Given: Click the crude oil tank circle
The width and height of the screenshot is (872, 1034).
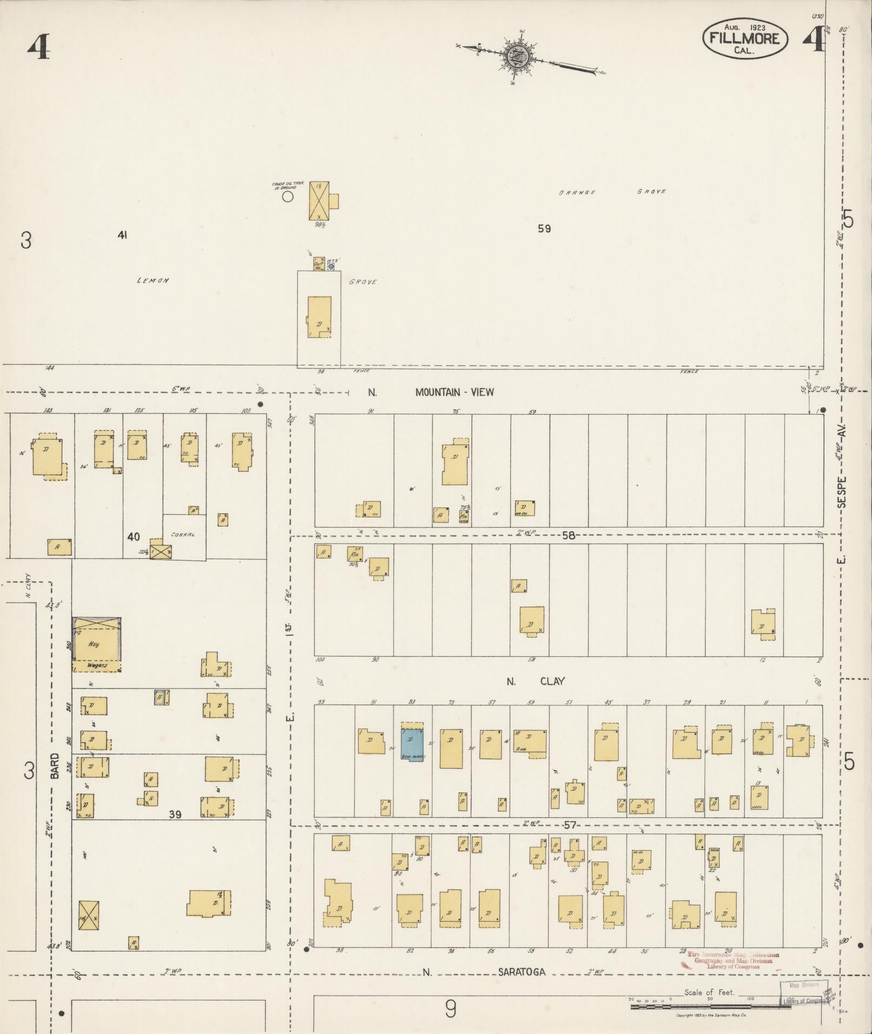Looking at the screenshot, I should click(288, 197).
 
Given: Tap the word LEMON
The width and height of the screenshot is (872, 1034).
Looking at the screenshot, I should click(153, 281).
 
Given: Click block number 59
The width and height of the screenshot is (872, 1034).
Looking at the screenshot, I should click(544, 229).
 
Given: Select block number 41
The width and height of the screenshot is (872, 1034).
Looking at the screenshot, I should click(122, 235).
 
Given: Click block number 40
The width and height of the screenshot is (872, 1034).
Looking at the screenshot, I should click(134, 537).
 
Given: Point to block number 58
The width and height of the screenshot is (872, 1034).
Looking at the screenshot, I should click(568, 536).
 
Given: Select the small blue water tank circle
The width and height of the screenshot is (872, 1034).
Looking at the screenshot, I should click(331, 266).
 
